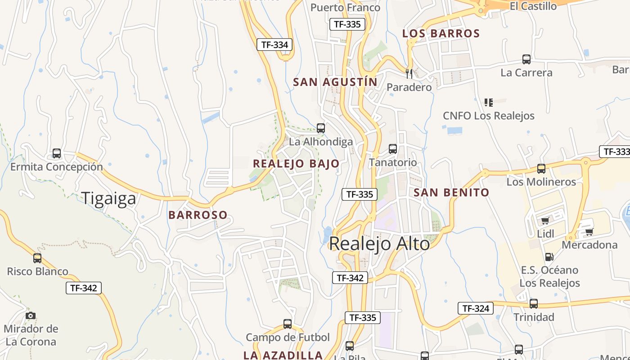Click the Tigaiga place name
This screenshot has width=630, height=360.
pyautogui.click(x=108, y=198)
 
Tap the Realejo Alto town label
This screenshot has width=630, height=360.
pyautogui.click(x=379, y=243)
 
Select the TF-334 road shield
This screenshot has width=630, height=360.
pyautogui.click(x=274, y=45)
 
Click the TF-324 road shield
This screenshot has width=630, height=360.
pyautogui.click(x=476, y=308)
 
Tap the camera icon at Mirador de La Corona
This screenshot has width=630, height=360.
pyautogui.click(x=30, y=315)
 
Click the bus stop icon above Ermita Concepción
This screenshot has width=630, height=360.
pyautogui.click(x=57, y=153)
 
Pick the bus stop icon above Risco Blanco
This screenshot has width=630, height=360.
pyautogui.click(x=37, y=258)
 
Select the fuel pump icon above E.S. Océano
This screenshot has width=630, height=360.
pyautogui.click(x=549, y=257)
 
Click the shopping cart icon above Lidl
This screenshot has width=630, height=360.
pyautogui.click(x=545, y=220)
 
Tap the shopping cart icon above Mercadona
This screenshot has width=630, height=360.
pyautogui.click(x=589, y=232)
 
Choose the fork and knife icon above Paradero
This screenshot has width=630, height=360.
pyautogui.click(x=409, y=73)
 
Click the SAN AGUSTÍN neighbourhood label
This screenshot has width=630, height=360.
pyautogui.click(x=335, y=82)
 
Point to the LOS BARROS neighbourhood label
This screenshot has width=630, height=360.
pyautogui.click(x=441, y=33)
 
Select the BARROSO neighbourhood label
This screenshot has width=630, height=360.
pyautogui.click(x=198, y=215)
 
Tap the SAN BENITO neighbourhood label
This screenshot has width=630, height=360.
pyautogui.click(x=451, y=193)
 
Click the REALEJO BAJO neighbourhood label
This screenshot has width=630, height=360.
pyautogui.click(x=296, y=163)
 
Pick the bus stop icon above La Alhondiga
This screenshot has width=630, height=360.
pyautogui.click(x=321, y=128)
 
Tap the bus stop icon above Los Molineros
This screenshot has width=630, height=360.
pyautogui.click(x=541, y=169)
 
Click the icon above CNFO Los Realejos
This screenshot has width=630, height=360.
pyautogui.click(x=489, y=103)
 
